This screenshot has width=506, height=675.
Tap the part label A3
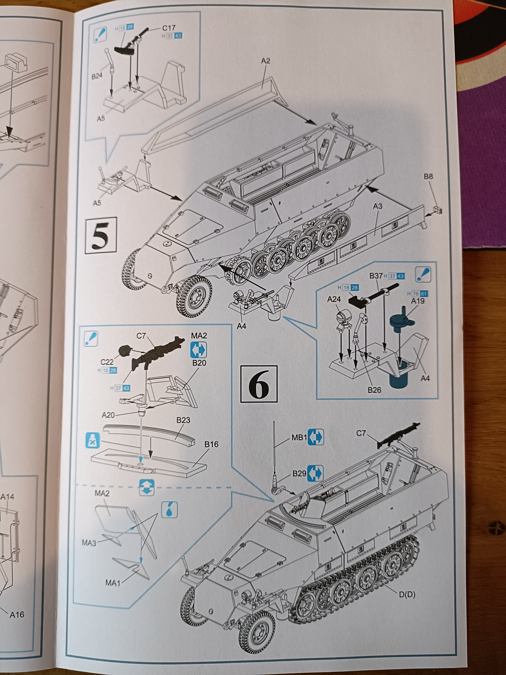[378, 206]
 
